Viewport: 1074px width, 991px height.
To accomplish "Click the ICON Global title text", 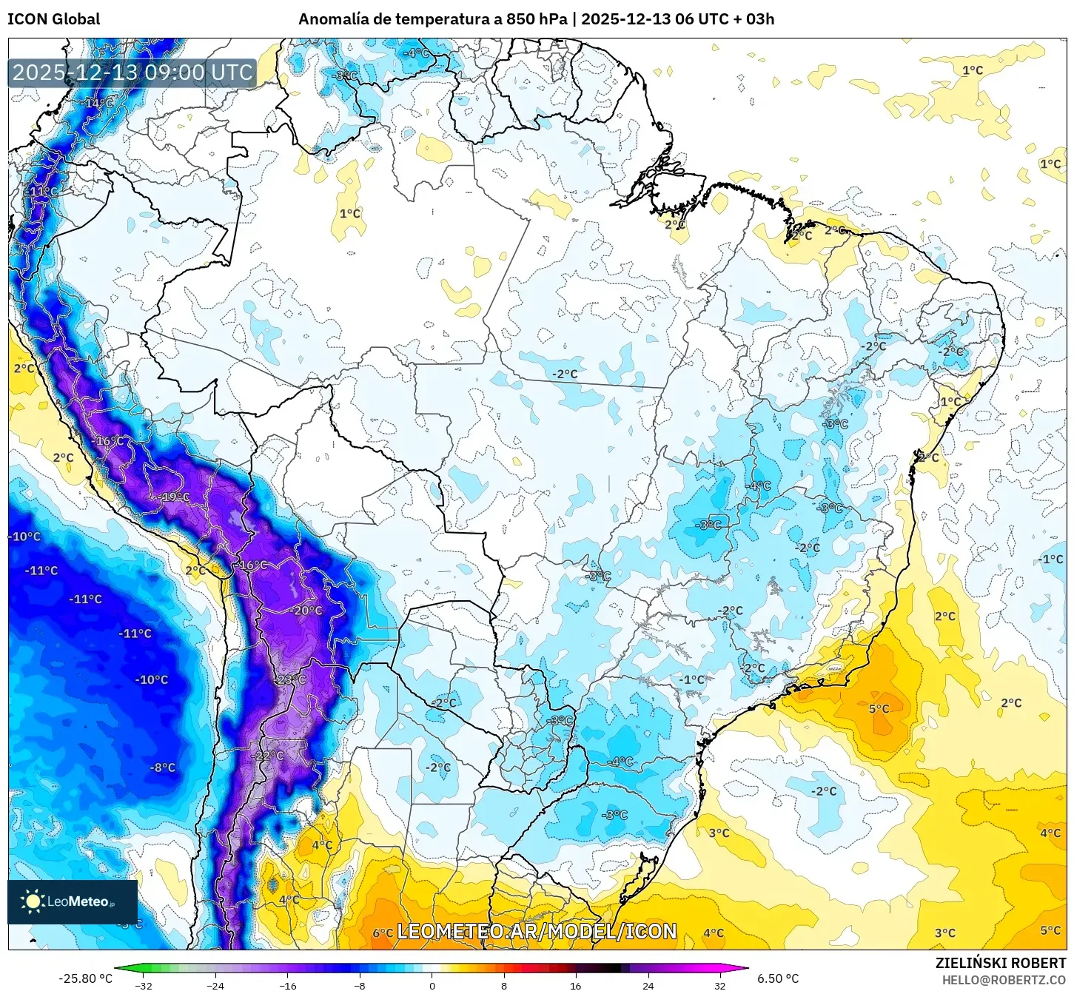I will (53, 19).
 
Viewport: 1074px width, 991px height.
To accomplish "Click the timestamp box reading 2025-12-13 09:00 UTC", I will (132, 73).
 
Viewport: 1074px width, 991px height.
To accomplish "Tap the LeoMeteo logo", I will (72, 901).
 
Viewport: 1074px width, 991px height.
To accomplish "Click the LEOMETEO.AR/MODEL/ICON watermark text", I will (537, 932).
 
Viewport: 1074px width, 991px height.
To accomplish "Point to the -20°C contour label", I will (307, 611).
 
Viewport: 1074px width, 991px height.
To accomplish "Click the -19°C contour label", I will (175, 497).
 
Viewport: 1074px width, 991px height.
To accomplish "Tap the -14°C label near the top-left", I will (98, 103).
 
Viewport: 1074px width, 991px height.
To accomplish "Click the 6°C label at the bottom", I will (383, 933).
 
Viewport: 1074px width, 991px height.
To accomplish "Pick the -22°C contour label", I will (269, 756).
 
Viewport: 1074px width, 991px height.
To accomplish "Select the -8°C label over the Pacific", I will (163, 767).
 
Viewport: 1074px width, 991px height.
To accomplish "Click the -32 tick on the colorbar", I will (144, 986).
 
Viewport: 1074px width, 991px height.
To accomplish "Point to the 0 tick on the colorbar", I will (432, 986).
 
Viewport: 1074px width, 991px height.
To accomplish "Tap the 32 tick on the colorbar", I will (719, 986).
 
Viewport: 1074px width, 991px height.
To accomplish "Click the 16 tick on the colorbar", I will (575, 986).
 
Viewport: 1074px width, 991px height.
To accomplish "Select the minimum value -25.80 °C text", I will (86, 978).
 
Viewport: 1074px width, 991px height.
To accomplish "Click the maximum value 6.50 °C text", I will (778, 978).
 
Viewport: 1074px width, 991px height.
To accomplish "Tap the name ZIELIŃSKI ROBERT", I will (1000, 963).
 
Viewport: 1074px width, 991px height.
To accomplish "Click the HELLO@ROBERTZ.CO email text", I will (1004, 980).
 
